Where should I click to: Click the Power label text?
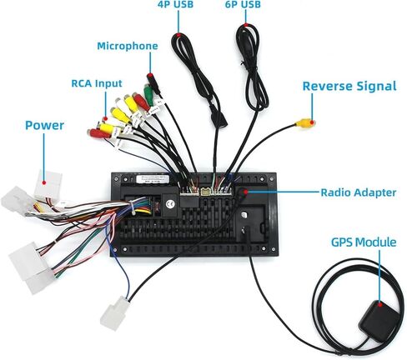coord(44,126)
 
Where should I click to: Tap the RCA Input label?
coord(97,83)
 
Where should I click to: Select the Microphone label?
coord(128,46)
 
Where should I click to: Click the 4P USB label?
coord(175,4)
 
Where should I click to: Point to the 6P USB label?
coord(243,4)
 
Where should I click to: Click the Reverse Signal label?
coord(349,86)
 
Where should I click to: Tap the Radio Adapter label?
coord(359,192)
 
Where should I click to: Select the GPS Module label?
coord(364,242)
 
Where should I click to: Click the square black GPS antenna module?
coord(379,317)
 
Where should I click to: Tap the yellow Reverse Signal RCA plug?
coord(304,122)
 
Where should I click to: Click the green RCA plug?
coord(148,94)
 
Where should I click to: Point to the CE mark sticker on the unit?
coord(169,204)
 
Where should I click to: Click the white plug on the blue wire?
coord(114,313)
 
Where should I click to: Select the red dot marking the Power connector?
coord(44,182)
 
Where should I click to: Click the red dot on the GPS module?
coord(380,304)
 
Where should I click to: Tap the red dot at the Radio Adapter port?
coord(245,192)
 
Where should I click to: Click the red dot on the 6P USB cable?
coord(245,25)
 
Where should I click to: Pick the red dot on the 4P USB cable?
coord(178,35)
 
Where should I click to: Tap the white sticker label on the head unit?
coord(153,179)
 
